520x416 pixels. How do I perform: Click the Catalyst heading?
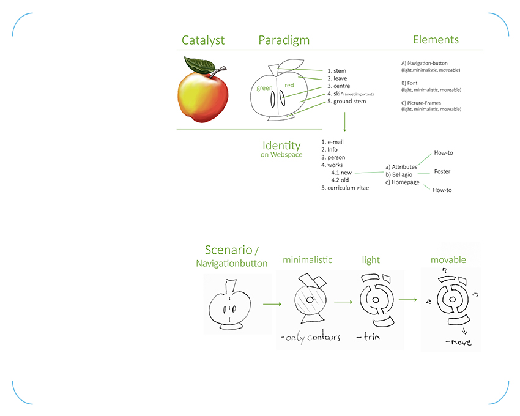tap(203, 40)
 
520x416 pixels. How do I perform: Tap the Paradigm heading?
tap(284, 40)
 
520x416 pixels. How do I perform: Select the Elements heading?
tap(436, 40)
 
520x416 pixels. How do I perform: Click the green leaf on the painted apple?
tap(199, 65)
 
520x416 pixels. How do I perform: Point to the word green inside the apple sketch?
tap(264, 88)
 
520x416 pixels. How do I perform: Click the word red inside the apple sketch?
tap(289, 85)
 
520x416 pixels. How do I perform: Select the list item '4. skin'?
tap(336, 94)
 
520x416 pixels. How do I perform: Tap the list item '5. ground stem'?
tap(346, 101)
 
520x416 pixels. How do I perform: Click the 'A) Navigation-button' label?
tap(424, 63)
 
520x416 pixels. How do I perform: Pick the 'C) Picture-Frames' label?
tap(421, 103)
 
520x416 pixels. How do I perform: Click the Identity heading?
tap(281, 146)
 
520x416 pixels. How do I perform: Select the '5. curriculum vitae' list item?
tap(345, 188)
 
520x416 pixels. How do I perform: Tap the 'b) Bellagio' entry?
tap(399, 174)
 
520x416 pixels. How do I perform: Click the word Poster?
tap(442, 171)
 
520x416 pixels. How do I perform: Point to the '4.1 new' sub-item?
tap(341, 173)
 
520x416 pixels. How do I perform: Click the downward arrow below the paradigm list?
tap(344, 122)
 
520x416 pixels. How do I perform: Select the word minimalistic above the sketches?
tap(308, 260)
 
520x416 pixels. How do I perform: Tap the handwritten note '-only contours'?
tap(311, 338)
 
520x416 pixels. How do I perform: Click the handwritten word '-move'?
tap(458, 342)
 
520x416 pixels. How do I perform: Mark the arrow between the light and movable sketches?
tap(407, 300)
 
